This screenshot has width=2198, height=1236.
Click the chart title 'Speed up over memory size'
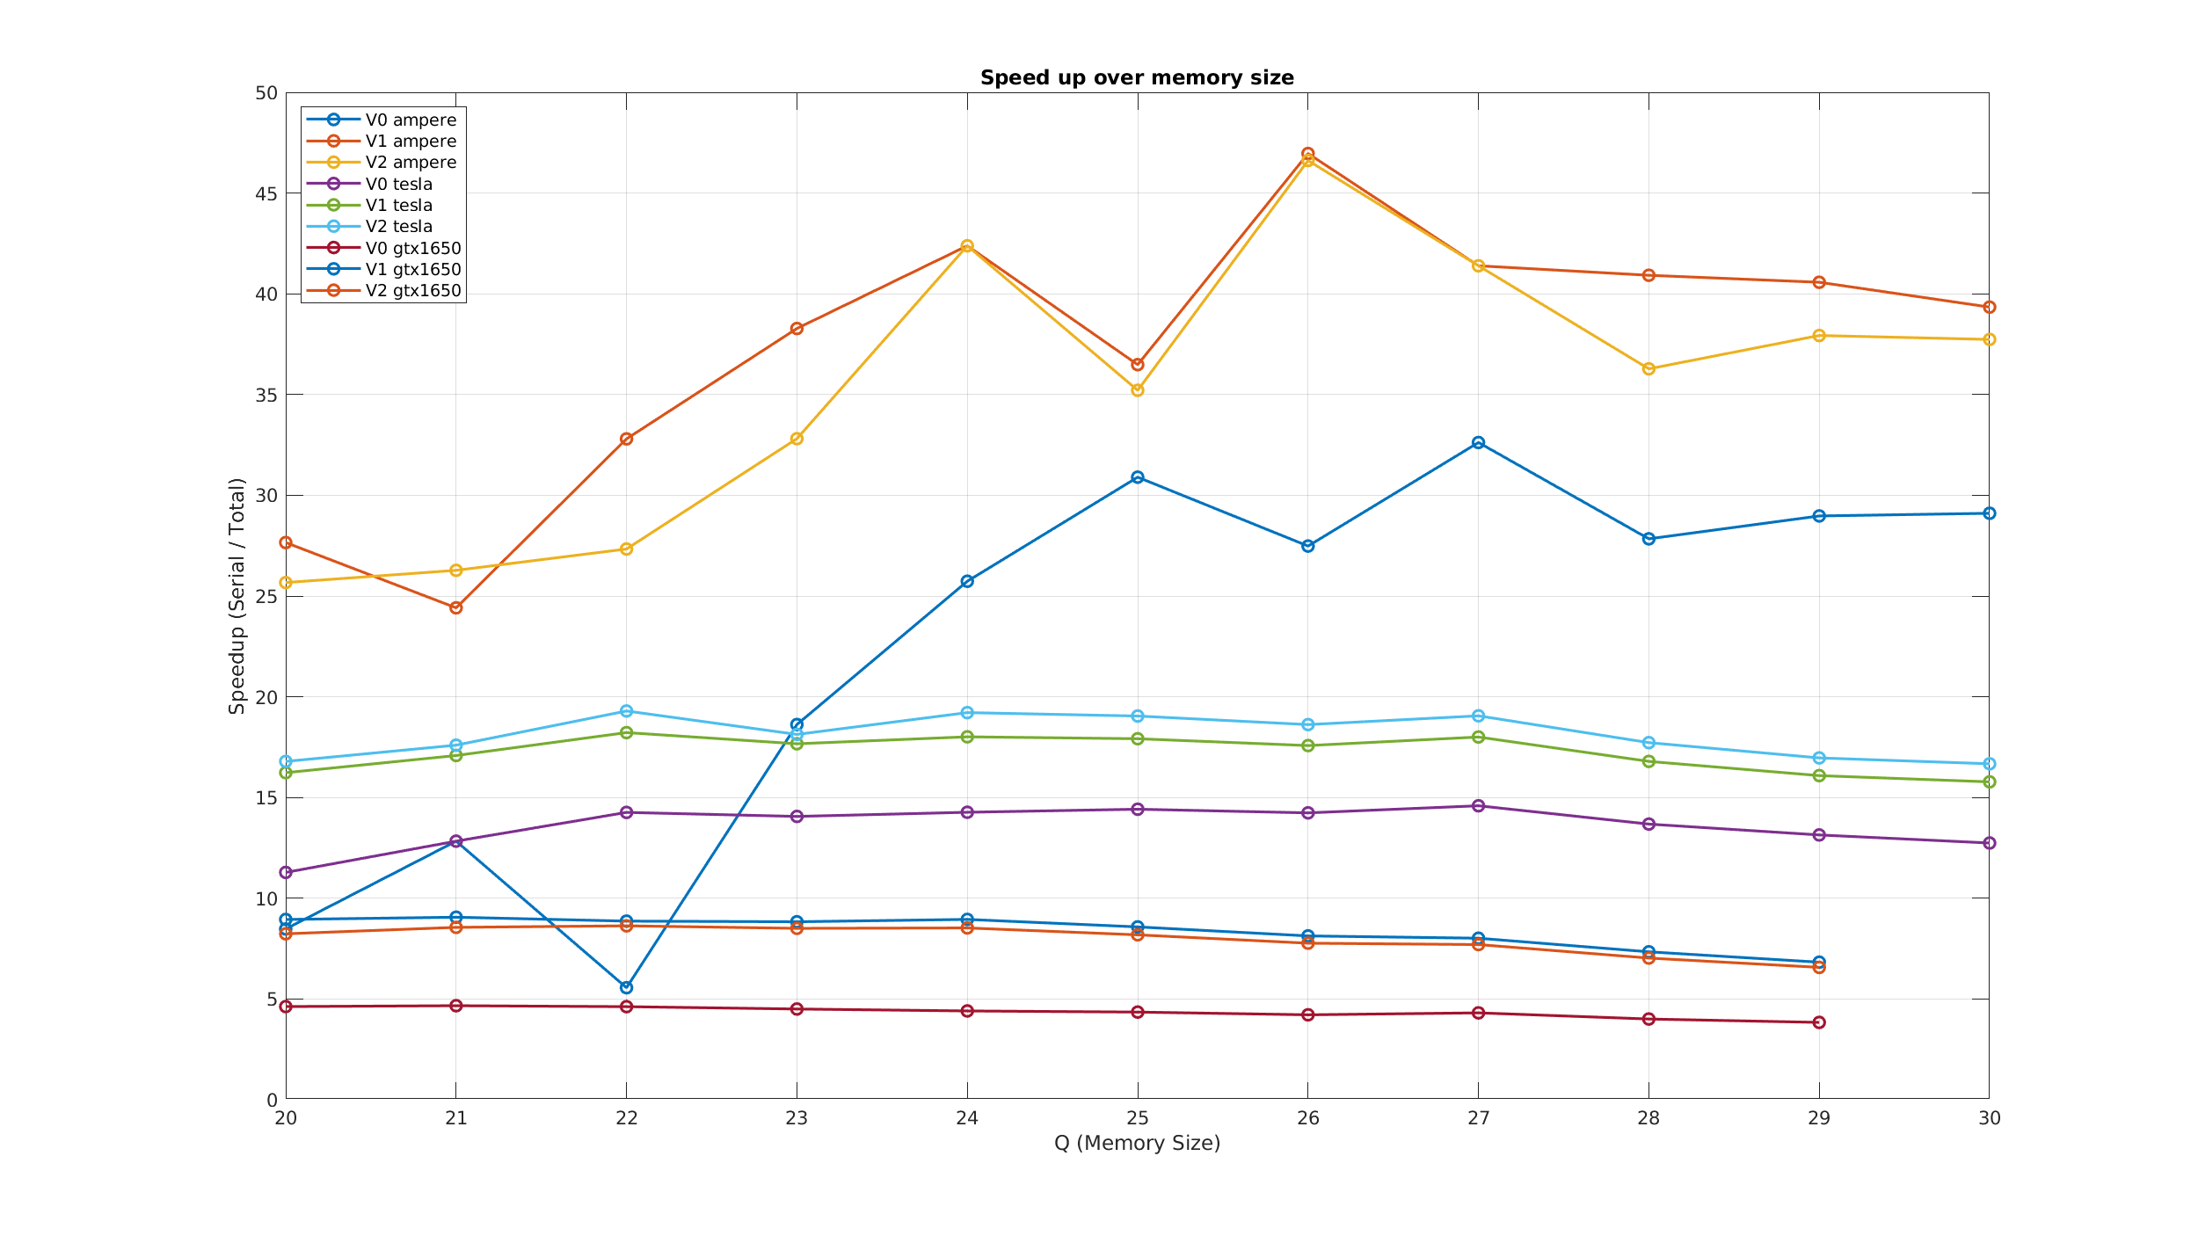(x=1137, y=78)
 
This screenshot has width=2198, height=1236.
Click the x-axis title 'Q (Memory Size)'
(x=1137, y=1144)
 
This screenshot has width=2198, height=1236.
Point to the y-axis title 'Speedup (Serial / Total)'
(x=237, y=596)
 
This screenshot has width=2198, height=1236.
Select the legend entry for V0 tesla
(x=398, y=185)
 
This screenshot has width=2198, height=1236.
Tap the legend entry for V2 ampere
(x=411, y=163)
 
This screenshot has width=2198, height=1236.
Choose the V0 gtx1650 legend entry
(x=412, y=249)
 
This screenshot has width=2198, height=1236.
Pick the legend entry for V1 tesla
(x=398, y=206)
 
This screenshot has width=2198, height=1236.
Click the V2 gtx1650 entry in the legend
(x=412, y=291)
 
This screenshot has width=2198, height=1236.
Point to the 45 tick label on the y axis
(x=266, y=194)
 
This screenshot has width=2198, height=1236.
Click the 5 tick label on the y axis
(x=272, y=1000)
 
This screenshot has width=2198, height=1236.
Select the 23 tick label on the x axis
(x=797, y=1118)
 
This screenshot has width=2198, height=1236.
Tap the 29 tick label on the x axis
(x=1819, y=1118)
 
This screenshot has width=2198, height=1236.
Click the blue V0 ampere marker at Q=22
(x=626, y=987)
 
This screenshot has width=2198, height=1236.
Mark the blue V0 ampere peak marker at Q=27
(x=1478, y=443)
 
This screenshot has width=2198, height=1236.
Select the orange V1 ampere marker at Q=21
(x=455, y=607)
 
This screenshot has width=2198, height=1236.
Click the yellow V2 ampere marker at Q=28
(x=1648, y=369)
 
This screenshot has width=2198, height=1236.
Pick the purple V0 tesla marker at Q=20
(x=286, y=873)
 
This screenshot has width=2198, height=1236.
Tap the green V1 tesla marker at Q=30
(x=1990, y=782)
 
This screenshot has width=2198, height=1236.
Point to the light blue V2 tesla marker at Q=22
(x=626, y=711)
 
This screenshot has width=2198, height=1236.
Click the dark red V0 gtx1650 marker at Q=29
(x=1819, y=1022)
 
